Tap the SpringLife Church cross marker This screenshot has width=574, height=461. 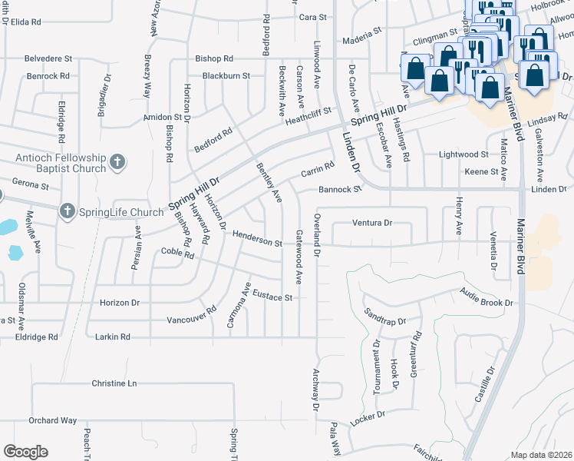(x=68, y=211)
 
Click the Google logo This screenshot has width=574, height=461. (x=25, y=452)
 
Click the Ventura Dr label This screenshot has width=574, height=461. (x=372, y=223)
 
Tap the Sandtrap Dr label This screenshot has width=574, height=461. (x=384, y=317)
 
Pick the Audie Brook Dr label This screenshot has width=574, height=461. (x=486, y=297)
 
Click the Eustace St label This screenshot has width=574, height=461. (x=273, y=297)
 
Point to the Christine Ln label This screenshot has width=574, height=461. (x=114, y=383)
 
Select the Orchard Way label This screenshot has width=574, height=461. (x=53, y=420)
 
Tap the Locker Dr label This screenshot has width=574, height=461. (x=367, y=419)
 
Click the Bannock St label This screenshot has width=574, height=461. (x=340, y=189)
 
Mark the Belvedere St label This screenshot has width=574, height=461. (x=48, y=58)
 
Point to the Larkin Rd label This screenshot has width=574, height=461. (x=114, y=337)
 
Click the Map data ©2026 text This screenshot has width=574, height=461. (x=540, y=455)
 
